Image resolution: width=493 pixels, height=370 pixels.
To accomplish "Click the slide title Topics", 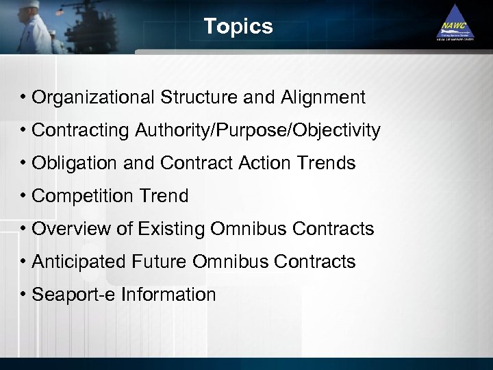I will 238,27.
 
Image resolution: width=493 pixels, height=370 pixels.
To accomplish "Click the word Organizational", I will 94,98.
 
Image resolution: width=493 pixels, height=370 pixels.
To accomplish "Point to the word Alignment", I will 323,98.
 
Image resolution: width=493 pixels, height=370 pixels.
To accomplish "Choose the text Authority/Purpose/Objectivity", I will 253,131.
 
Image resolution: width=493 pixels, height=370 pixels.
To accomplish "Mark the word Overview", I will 65,229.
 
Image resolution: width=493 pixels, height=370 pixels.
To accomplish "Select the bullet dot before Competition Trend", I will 23,197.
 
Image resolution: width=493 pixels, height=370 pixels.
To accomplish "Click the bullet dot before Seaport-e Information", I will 23,295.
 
